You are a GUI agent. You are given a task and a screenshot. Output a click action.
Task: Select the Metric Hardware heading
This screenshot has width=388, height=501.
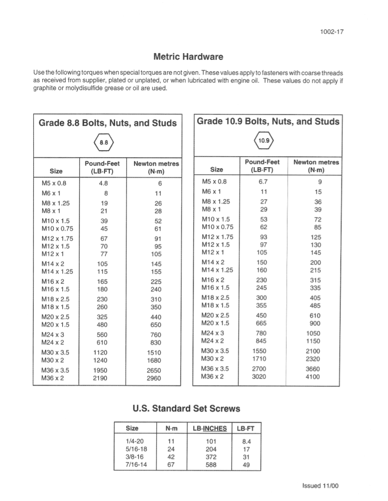point(189,57)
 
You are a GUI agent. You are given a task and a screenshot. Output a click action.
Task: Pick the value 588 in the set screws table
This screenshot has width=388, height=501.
point(209,465)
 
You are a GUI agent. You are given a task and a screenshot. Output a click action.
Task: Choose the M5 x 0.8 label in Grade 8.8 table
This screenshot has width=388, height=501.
point(52,183)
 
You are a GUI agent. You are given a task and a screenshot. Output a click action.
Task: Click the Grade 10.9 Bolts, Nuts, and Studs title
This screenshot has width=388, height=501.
point(268,122)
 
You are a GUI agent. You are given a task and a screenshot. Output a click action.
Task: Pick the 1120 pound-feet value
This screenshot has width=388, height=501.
point(101,353)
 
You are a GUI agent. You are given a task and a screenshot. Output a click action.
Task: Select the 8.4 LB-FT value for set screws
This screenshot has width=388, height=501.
point(246,441)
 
